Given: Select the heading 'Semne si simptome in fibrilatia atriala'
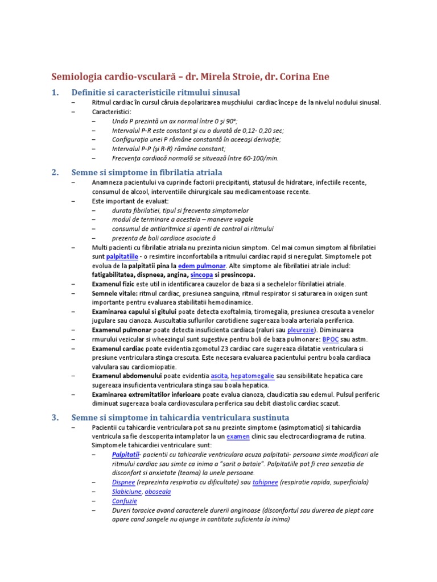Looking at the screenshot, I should click(147, 172).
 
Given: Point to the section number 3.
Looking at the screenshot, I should click(55, 417).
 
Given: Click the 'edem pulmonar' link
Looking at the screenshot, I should click(202, 266).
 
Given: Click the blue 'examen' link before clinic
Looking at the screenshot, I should click(237, 436).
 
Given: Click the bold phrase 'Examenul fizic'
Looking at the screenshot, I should click(113, 284).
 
